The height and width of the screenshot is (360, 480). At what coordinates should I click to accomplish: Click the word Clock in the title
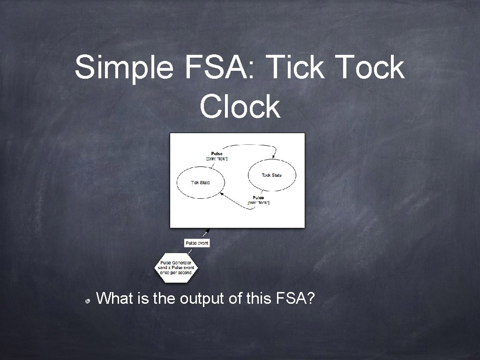[x=240, y=106]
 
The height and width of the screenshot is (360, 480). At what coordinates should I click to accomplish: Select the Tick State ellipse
[x=201, y=182]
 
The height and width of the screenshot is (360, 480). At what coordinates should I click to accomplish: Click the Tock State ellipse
[x=272, y=175]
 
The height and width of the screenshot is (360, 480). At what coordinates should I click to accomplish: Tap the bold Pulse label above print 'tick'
[x=217, y=154]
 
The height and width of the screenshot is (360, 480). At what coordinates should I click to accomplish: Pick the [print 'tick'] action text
[x=217, y=159]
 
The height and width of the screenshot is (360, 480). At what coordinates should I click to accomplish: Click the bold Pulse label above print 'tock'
[x=258, y=197]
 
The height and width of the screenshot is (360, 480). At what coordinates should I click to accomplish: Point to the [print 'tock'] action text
[x=258, y=202]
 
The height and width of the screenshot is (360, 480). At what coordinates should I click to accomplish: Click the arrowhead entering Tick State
[x=220, y=193]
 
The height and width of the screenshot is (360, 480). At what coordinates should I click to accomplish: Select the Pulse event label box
[x=197, y=243]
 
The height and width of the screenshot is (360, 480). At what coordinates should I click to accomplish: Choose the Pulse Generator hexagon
[x=177, y=268]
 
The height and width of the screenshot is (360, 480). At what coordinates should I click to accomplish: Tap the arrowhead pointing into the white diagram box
[x=206, y=231]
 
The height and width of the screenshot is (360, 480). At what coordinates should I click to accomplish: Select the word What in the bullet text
[x=117, y=298]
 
